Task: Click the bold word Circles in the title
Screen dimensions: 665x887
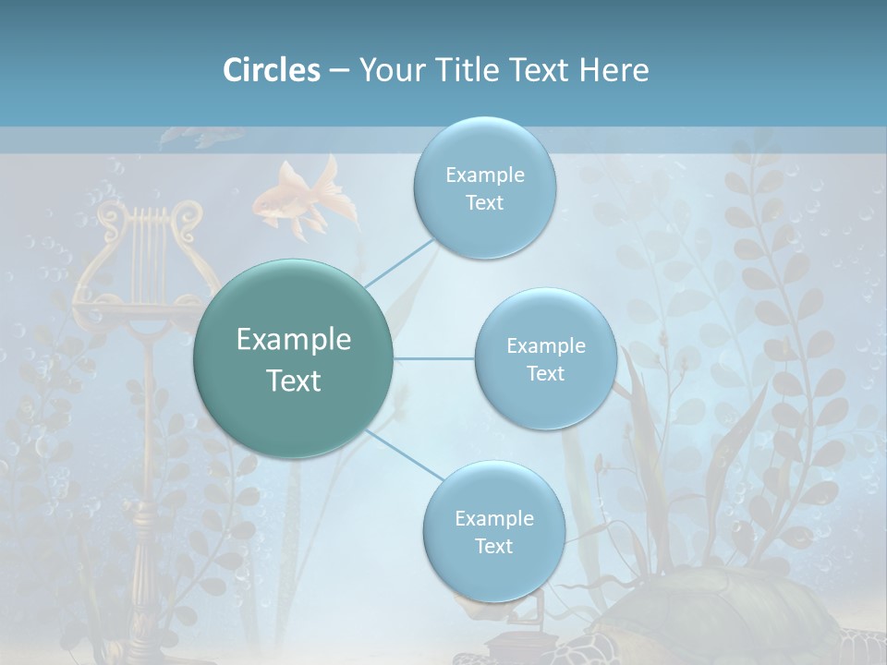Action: pyautogui.click(x=271, y=70)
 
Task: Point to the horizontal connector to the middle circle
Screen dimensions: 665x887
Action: pyautogui.click(x=434, y=358)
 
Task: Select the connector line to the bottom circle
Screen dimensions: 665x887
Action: pyautogui.click(x=402, y=454)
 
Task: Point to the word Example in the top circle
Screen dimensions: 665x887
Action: pyautogui.click(x=484, y=175)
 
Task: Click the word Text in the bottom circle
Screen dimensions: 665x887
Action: pyautogui.click(x=493, y=546)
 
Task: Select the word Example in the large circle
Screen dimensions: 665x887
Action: pyautogui.click(x=294, y=340)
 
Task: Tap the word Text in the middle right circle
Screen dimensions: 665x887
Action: pyautogui.click(x=545, y=373)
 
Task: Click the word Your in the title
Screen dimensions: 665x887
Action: pyautogui.click(x=389, y=70)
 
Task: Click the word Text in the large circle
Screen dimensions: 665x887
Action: pyautogui.click(x=294, y=381)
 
